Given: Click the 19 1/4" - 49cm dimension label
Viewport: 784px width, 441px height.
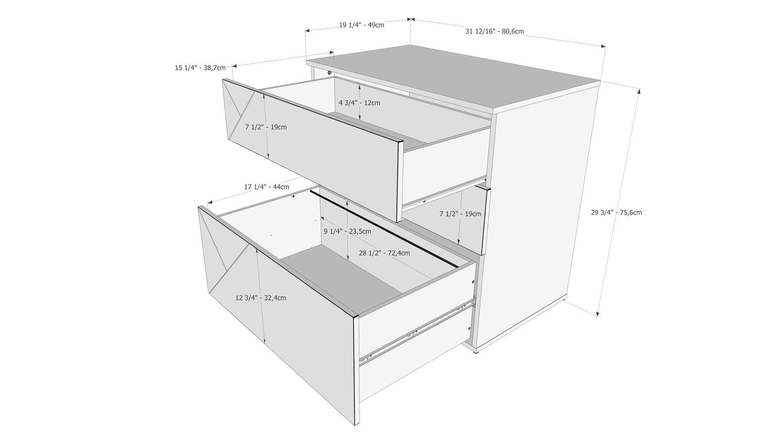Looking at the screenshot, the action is tap(361, 25).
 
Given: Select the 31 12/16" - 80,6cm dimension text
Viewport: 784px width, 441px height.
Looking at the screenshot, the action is tap(494, 31).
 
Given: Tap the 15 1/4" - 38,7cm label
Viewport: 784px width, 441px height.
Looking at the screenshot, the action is tap(200, 68).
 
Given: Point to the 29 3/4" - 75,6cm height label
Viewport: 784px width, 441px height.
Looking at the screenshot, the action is tap(616, 212).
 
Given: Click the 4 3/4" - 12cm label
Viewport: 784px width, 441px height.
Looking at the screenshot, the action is tap(359, 103).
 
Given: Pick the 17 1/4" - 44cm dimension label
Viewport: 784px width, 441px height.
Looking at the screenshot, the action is tap(267, 187).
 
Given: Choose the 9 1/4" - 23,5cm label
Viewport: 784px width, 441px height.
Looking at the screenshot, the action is tap(347, 232).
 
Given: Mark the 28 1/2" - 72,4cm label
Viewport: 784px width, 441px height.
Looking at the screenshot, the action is tap(384, 253).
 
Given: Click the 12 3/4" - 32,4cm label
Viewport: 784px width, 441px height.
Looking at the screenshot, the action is tap(261, 298).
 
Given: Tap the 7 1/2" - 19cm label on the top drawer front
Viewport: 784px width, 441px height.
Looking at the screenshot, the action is tap(266, 127).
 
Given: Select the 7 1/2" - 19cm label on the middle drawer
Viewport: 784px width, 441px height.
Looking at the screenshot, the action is tap(460, 214).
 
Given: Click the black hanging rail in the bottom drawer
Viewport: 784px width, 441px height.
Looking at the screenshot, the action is tap(384, 229).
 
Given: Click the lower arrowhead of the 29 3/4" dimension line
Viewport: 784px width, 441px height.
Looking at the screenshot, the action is tap(598, 313).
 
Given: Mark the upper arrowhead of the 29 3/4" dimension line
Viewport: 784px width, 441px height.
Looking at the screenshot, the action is tap(639, 91).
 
